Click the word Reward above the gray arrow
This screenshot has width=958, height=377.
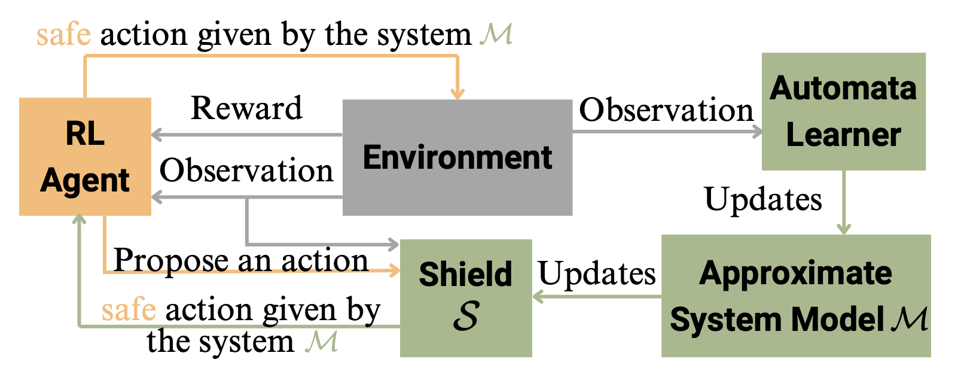(246, 108)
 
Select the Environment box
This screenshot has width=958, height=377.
(457, 157)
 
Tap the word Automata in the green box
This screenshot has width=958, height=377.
(843, 89)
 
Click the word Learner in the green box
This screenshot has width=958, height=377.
(843, 135)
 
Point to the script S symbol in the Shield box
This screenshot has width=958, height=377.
(466, 315)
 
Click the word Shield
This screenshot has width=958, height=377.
(465, 274)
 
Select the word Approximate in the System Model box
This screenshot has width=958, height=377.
(795, 273)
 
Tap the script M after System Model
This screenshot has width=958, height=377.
(910, 319)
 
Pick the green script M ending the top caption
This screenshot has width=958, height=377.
(496, 34)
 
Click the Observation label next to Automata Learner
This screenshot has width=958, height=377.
(666, 110)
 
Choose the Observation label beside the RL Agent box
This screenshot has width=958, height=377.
(246, 171)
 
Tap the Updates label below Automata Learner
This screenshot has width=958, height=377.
(763, 199)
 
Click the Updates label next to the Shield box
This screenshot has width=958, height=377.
(597, 273)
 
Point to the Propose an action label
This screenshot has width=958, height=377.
(240, 260)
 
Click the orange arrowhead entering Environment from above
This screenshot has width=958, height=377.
(457, 93)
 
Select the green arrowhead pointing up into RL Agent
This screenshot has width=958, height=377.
(79, 220)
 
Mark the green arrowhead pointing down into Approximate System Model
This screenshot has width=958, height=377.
(844, 229)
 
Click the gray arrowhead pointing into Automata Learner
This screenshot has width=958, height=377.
(757, 132)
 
